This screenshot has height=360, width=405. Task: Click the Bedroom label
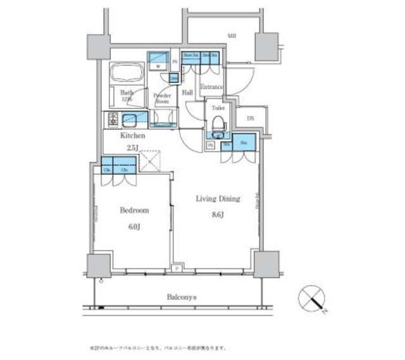134,210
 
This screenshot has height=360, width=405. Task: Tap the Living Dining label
218,199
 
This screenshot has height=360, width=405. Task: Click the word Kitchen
134,135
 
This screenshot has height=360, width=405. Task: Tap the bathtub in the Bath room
127,74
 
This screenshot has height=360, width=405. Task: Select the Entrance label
212,87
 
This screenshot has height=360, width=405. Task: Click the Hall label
187,92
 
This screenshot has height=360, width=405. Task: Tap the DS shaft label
250,118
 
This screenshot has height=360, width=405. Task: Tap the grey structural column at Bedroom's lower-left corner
99,266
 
